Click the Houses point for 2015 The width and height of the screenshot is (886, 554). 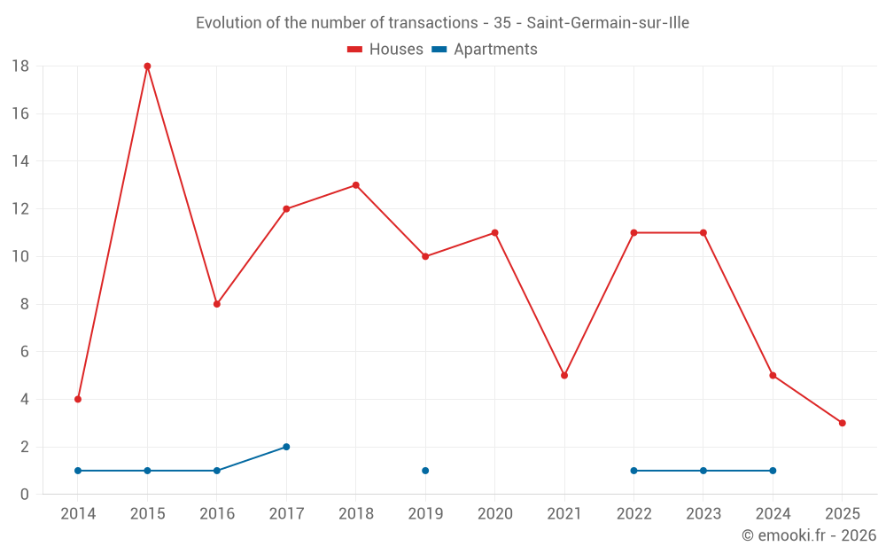tap(147, 66)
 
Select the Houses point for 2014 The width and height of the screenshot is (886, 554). tap(78, 399)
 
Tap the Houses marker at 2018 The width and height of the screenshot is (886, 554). tap(355, 185)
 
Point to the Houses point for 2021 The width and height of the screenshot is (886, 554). tap(564, 375)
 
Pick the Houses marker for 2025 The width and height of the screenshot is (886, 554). tap(842, 423)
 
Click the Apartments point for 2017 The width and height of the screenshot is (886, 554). tap(286, 447)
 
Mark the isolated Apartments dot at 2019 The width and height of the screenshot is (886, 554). tap(425, 471)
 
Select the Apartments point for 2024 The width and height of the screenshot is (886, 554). tap(773, 471)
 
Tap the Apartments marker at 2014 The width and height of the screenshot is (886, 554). tap(78, 471)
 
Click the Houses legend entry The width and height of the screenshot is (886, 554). tap(385, 50)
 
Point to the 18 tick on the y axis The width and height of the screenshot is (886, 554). tap(20, 66)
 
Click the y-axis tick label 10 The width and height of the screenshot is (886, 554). tap(20, 257)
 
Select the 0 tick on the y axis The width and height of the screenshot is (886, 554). tap(25, 495)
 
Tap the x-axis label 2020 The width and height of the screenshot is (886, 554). tap(494, 514)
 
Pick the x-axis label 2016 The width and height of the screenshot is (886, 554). tap(217, 514)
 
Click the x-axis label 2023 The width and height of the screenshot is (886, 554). tap(703, 514)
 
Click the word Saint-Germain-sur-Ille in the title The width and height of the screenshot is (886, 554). tap(608, 23)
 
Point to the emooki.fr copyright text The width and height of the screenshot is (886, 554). tap(809, 535)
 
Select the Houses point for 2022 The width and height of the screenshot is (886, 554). tap(633, 233)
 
